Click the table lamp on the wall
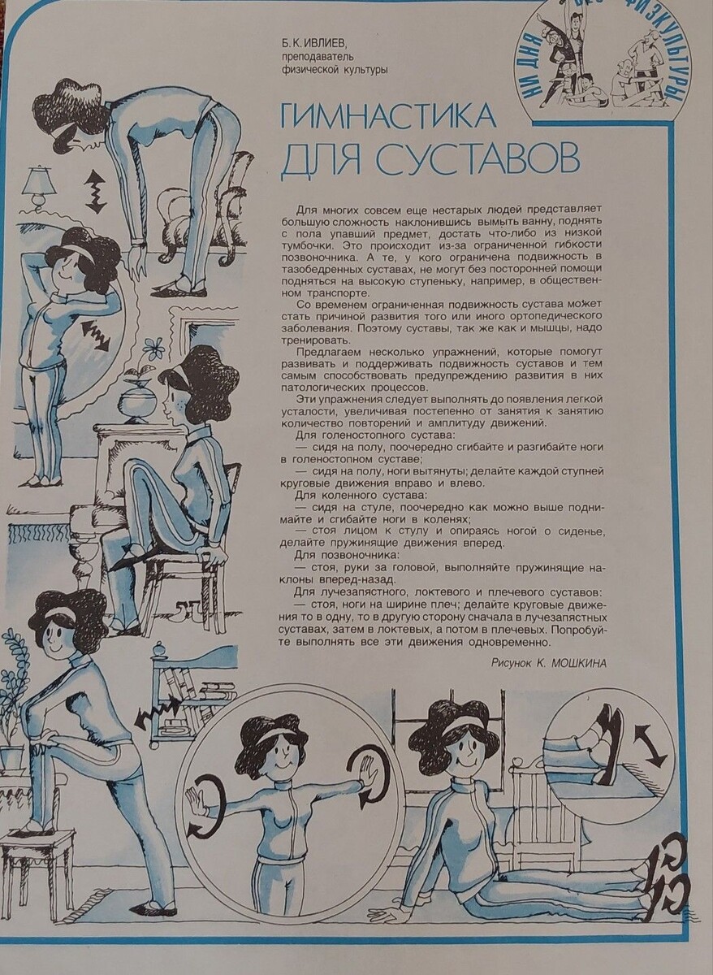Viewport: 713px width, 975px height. click(x=40, y=187)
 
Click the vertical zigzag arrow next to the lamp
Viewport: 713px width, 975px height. click(x=96, y=192)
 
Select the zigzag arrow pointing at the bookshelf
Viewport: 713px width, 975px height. click(x=158, y=718)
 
